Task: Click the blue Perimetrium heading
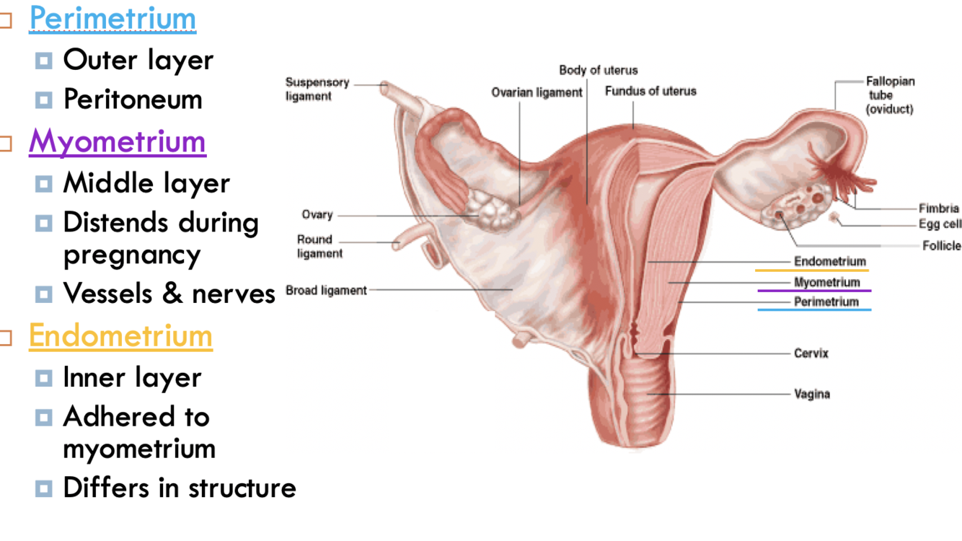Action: (x=112, y=19)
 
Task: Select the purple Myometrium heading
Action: (x=118, y=141)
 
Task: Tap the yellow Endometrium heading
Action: (x=120, y=335)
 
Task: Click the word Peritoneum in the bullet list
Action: (x=133, y=100)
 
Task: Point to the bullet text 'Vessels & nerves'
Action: (x=169, y=293)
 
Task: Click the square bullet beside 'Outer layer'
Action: (x=44, y=61)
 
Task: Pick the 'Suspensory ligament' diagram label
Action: (x=317, y=89)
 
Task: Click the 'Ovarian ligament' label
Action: (x=537, y=92)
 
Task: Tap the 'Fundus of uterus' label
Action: (x=650, y=91)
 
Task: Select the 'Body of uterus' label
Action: (x=599, y=70)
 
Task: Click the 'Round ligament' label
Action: (x=319, y=246)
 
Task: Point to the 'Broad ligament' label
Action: (x=326, y=290)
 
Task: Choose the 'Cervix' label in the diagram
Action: (x=811, y=353)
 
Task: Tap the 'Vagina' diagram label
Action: (x=812, y=394)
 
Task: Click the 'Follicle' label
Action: (x=941, y=246)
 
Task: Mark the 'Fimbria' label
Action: (x=939, y=209)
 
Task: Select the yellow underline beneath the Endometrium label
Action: (x=812, y=270)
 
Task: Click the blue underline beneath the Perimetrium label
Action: (x=814, y=310)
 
